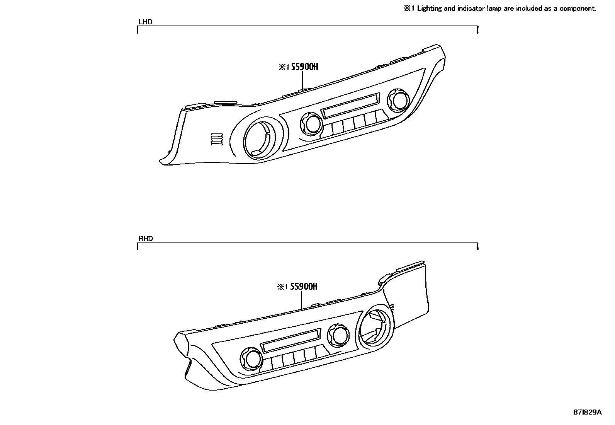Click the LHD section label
point(145,22)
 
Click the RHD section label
point(146,239)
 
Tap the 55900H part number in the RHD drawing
point(304,287)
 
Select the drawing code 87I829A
point(587,412)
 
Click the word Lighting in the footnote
point(429,8)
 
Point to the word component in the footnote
point(576,8)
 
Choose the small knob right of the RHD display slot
point(339,335)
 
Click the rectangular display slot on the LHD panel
point(350,106)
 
